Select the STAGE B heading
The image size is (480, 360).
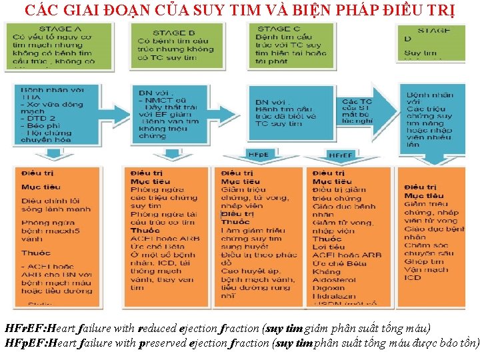[174, 33]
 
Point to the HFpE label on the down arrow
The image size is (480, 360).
[258, 155]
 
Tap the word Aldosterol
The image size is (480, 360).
[334, 279]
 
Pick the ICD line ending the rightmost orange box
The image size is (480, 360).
[413, 277]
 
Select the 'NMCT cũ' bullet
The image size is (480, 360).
[159, 99]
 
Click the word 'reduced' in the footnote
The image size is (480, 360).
[157, 329]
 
